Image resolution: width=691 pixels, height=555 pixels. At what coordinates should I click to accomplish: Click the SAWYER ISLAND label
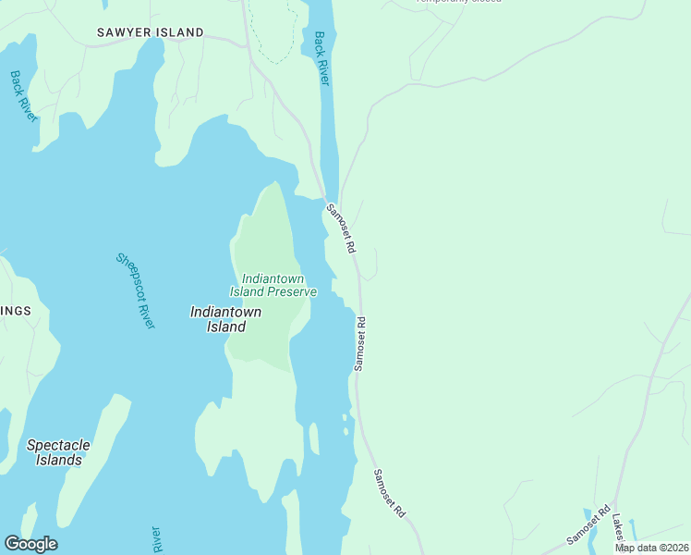(x=151, y=32)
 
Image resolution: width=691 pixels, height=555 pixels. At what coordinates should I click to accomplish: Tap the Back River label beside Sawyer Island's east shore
(x=321, y=58)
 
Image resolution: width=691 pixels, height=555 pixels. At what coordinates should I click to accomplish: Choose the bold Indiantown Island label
(x=224, y=319)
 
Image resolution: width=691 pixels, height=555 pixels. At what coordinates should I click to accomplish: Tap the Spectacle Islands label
(x=59, y=451)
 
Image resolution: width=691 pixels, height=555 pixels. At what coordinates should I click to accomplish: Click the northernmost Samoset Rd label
(x=341, y=229)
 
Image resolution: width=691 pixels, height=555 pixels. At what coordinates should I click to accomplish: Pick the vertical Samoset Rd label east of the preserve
(x=360, y=344)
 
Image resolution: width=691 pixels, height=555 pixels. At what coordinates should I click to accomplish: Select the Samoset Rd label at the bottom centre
(x=389, y=492)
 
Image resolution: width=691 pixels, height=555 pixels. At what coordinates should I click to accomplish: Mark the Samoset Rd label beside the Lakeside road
(x=589, y=524)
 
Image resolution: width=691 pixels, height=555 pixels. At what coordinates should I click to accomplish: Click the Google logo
(x=30, y=544)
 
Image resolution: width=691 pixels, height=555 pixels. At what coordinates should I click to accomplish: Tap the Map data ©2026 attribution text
(x=651, y=548)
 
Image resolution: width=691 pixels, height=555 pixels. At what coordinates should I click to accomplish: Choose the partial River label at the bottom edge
(x=155, y=539)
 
